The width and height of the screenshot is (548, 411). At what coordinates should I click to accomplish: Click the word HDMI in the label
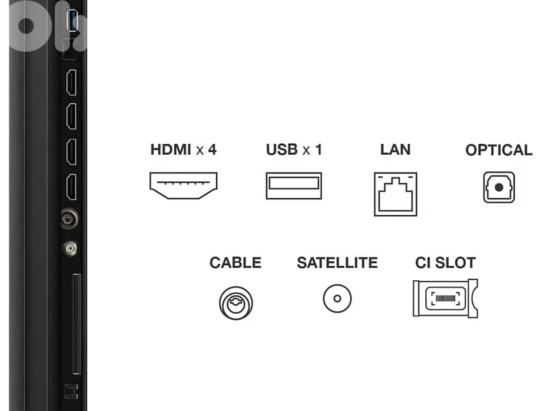(x=171, y=149)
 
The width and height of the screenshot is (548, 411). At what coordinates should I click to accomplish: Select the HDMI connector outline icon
(x=184, y=186)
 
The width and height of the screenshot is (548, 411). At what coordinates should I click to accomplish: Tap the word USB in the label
(x=282, y=149)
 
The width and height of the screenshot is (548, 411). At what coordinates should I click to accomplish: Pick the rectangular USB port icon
(x=294, y=186)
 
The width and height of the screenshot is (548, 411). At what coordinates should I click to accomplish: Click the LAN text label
(x=395, y=149)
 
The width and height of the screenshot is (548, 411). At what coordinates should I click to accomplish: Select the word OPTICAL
(x=499, y=150)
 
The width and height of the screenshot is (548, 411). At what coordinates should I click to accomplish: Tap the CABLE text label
(x=236, y=263)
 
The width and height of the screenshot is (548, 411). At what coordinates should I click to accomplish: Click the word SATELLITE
(x=337, y=263)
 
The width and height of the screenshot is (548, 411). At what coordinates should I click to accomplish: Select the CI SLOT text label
(x=446, y=263)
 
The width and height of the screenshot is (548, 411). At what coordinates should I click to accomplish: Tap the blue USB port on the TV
(x=73, y=21)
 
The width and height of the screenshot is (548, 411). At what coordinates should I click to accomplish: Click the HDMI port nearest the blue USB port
(x=72, y=82)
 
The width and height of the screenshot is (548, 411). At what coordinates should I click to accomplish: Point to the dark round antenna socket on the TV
(x=69, y=219)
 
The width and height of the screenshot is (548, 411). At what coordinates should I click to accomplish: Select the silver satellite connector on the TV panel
(x=71, y=249)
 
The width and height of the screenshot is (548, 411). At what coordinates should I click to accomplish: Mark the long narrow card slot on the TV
(x=77, y=324)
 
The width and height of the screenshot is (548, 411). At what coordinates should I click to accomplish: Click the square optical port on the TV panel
(x=71, y=391)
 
